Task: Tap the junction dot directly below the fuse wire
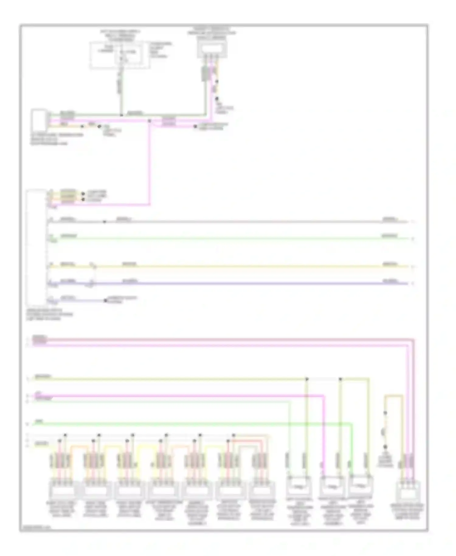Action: pos(121,115)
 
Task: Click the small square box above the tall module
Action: pos(39,120)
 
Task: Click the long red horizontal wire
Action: pos(213,339)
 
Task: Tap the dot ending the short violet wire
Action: pos(105,301)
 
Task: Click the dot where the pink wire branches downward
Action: pos(149,121)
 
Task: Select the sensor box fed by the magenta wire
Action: pos(332,486)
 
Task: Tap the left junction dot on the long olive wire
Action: pos(307,379)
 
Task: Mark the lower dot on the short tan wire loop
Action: pos(385,447)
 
